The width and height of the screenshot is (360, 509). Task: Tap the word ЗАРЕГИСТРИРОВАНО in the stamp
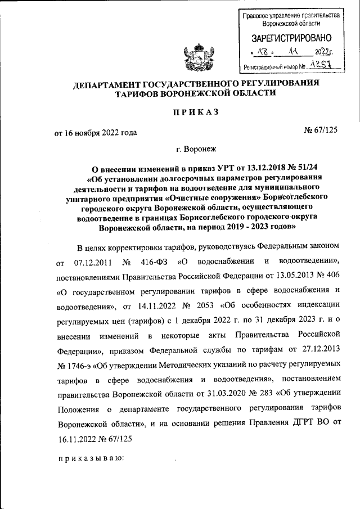click(291, 39)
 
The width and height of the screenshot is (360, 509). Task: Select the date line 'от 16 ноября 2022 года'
click(95, 133)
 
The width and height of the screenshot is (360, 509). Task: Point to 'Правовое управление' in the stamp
click(267, 15)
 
